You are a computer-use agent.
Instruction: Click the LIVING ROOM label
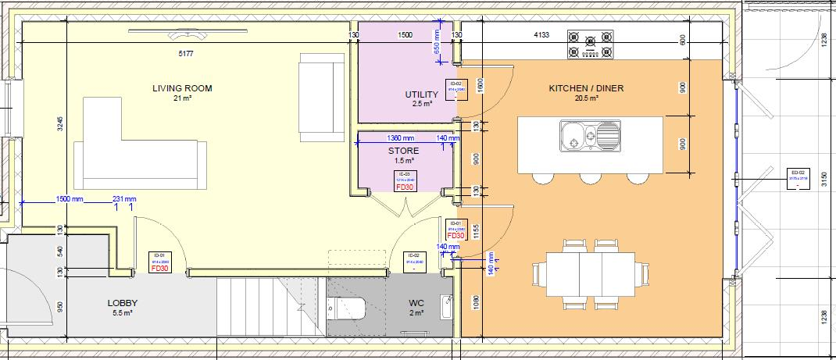coord(181,88)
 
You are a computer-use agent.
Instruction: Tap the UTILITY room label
coord(421,94)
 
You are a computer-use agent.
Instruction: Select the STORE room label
coord(403,151)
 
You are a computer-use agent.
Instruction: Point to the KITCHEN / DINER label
coord(585,88)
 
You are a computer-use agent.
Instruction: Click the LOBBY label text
coord(123,303)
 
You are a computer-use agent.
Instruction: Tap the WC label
coord(416,303)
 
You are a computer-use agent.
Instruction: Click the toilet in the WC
coord(352,307)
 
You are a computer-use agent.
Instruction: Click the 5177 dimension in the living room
coord(184,54)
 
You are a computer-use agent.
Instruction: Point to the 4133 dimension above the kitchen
coord(541,35)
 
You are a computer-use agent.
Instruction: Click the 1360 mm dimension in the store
coord(400,137)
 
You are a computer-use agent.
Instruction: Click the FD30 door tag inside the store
coord(404,187)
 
